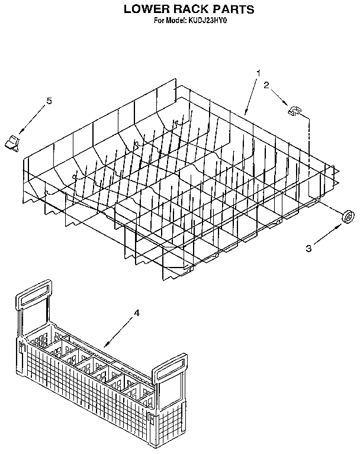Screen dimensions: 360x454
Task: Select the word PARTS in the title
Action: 233,9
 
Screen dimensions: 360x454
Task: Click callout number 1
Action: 259,73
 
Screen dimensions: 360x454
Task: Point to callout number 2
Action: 266,85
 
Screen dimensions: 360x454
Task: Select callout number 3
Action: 308,248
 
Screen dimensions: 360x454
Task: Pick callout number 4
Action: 137,313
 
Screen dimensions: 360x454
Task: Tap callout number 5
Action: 49,101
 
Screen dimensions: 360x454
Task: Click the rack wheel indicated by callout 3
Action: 348,217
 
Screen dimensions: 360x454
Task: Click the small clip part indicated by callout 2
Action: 294,111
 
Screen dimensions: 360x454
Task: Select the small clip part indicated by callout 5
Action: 12,143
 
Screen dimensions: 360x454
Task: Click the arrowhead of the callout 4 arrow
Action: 107,344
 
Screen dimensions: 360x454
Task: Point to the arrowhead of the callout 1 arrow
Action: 246,112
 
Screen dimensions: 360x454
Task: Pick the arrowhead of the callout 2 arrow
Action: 285,103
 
